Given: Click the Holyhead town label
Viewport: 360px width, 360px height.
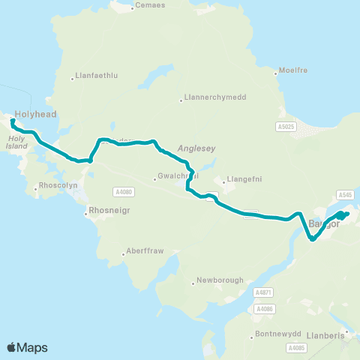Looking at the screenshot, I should (x=36, y=115).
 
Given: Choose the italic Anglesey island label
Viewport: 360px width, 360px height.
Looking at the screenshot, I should (x=196, y=148).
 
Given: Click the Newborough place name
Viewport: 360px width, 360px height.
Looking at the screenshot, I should (x=219, y=281).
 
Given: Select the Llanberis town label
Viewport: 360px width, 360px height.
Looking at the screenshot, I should (x=323, y=335).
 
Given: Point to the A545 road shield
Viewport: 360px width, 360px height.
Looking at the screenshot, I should (x=345, y=194).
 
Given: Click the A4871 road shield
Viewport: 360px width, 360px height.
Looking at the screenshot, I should (x=262, y=292).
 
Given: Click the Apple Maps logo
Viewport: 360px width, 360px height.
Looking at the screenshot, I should (x=27, y=346).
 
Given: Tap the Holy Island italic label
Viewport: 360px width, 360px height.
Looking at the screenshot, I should (x=16, y=142).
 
